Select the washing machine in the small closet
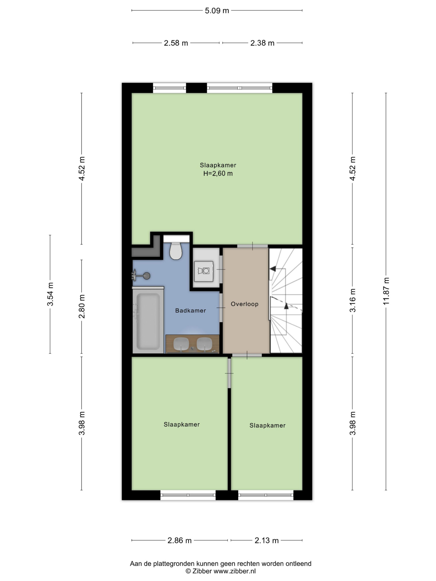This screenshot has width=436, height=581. [204, 271]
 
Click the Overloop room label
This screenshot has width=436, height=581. [244, 304]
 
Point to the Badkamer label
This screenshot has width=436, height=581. [191, 310]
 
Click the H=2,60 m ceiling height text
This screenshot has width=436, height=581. [218, 173]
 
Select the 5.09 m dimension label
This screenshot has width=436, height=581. [217, 10]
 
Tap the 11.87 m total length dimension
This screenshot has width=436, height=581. [386, 291]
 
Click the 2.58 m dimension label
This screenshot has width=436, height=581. [176, 43]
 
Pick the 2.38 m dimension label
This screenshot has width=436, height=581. [262, 43]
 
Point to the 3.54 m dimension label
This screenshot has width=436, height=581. [50, 294]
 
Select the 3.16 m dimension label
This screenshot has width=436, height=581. [352, 300]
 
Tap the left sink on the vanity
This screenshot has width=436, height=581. [181, 344]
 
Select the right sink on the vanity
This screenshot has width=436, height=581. [204, 344]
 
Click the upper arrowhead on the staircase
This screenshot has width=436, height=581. [273, 269]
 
